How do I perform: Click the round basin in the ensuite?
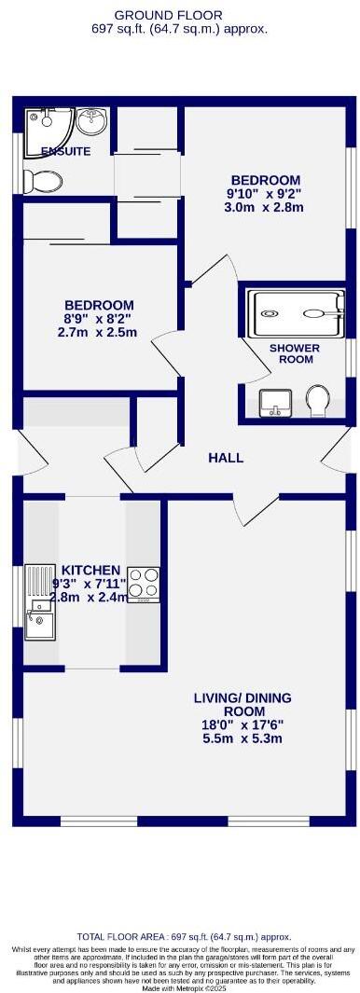pos(90,121)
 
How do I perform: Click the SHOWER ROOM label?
pos(294,354)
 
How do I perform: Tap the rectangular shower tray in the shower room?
pos(295,313)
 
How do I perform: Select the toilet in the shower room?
pos(317,401)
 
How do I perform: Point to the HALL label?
pos(226,458)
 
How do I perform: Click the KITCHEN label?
pos(90,571)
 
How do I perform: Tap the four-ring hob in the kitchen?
pos(144,584)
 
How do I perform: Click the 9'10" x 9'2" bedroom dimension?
pos(265,194)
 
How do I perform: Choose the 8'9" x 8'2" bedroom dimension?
pos(98,319)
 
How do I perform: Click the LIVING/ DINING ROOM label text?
pos(242,705)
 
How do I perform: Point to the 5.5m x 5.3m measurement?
pos(242,738)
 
